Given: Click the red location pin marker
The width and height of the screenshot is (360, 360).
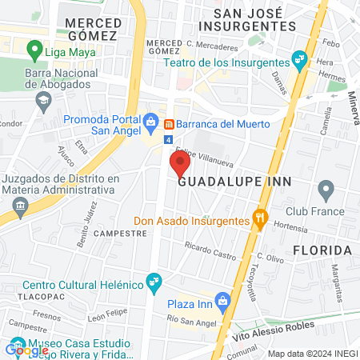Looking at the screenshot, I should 178,164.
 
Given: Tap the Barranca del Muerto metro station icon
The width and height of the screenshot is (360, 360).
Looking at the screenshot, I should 170,124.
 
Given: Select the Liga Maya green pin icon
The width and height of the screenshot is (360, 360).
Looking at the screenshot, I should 34,52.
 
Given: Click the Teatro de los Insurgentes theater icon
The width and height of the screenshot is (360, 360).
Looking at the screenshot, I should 299,58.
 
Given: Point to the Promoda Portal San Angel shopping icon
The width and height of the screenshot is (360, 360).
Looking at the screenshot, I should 150,122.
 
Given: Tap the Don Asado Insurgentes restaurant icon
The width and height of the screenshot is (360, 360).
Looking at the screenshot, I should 259,217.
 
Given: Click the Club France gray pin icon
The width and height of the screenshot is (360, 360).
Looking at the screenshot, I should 325,190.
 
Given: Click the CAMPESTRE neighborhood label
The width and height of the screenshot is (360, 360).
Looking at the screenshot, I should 120,234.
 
